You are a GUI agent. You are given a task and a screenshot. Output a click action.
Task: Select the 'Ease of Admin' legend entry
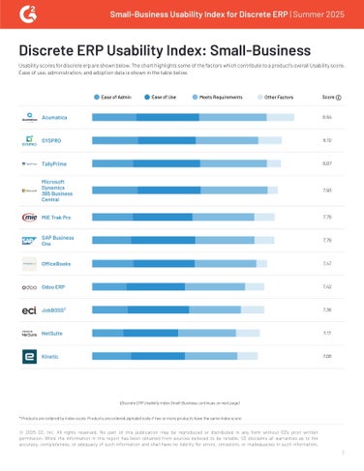coord(114,98)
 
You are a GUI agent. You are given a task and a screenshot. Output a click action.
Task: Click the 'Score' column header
coord(330,98)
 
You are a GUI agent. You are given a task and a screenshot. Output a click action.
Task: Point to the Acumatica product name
coord(55,117)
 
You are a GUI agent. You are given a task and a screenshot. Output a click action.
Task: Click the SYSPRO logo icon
coord(29,141)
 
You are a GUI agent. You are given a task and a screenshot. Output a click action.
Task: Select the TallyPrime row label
coord(56,164)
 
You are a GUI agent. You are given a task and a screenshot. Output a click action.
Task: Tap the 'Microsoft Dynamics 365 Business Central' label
coord(58,191)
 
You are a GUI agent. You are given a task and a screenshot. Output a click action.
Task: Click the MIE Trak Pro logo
coord(29,217)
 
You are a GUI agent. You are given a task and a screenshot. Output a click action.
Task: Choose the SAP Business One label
coord(58,240)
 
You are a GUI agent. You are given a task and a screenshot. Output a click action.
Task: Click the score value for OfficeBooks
coord(327,263)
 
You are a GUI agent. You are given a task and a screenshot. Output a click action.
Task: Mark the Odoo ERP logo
coord(29,287)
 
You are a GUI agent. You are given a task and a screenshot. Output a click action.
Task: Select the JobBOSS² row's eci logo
coord(29,310)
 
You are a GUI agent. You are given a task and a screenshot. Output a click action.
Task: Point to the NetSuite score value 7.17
coord(327,334)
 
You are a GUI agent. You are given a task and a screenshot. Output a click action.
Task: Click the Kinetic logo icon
coord(29,357)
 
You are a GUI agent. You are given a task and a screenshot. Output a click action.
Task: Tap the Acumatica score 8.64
coord(327,117)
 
